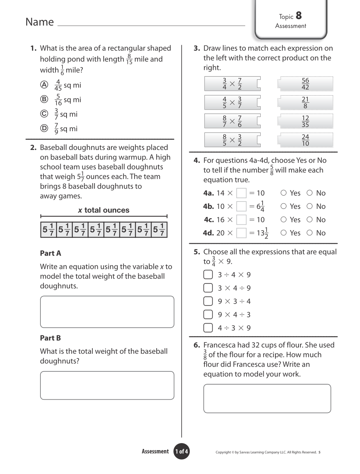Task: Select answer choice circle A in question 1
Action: tap(44, 85)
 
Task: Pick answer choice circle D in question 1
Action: tap(44, 128)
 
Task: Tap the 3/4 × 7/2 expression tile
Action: tap(232, 84)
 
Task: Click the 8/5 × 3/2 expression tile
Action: tap(232, 140)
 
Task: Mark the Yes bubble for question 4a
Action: tap(284, 193)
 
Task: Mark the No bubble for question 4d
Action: tap(310, 232)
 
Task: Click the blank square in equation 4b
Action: tap(241, 206)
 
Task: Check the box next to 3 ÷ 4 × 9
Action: tap(208, 275)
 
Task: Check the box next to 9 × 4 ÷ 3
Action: tap(208, 314)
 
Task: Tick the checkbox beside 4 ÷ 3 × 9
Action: tap(208, 328)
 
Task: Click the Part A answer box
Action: tap(107, 312)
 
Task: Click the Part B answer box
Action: tap(107, 385)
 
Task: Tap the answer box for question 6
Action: tap(267, 399)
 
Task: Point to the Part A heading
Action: tap(50, 253)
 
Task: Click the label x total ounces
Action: tap(104, 210)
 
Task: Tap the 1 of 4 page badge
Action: tap(181, 452)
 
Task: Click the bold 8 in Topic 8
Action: tap(299, 16)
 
